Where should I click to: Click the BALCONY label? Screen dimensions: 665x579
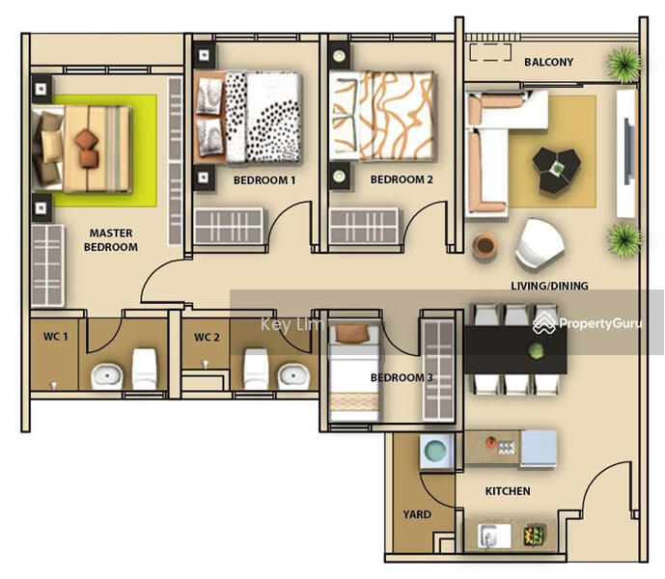pyautogui.click(x=549, y=62)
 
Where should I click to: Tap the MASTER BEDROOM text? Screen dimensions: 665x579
pyautogui.click(x=111, y=240)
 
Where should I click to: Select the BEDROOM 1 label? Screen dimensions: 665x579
pyautogui.click(x=264, y=180)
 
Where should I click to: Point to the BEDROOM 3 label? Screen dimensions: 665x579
pyautogui.click(x=402, y=377)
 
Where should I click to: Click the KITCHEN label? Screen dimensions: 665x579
pyautogui.click(x=508, y=491)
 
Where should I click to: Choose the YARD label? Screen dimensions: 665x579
pyautogui.click(x=417, y=514)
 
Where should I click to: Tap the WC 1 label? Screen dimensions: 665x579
pyautogui.click(x=55, y=337)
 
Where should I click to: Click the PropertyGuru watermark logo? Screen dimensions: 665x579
pyautogui.click(x=588, y=323)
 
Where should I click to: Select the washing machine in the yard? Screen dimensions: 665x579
pyautogui.click(x=436, y=451)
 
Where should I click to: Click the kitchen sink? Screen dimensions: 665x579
pyautogui.click(x=494, y=536)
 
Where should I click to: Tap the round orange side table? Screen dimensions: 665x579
pyautogui.click(x=485, y=246)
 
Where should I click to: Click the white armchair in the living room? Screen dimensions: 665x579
pyautogui.click(x=540, y=245)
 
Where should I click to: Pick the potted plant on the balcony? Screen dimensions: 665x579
pyautogui.click(x=623, y=65)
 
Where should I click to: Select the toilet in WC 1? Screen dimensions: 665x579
pyautogui.click(x=144, y=369)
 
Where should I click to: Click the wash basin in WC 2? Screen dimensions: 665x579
pyautogui.click(x=292, y=375)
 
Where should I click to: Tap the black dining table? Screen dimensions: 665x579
pyautogui.click(x=515, y=350)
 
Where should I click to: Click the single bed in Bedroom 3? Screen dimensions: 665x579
pyautogui.click(x=354, y=372)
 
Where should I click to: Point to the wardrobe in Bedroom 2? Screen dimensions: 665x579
pyautogui.click(x=364, y=226)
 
